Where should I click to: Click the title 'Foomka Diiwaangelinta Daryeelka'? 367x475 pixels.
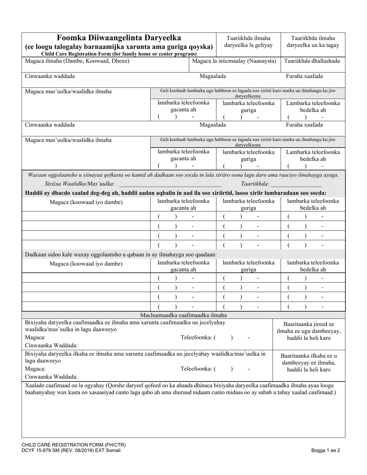pos(119,38)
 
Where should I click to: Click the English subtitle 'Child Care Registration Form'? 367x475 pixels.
pos(119,54)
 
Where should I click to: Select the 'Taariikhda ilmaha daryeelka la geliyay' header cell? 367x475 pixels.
pos(248,42)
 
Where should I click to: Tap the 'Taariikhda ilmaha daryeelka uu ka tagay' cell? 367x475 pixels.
pos(313,42)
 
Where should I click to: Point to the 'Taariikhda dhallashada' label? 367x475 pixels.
pos(312,61)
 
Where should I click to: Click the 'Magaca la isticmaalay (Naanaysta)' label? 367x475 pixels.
pos(234,61)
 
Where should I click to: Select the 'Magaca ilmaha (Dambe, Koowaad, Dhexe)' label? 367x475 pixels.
pos(77,61)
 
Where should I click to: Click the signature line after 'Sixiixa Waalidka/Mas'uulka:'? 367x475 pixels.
pos(170,184)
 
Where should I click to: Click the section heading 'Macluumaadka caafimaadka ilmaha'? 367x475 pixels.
pos(183,315)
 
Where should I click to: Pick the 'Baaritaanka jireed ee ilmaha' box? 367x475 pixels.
pos(309,331)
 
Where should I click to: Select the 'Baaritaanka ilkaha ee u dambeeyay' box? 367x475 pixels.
pos(309,363)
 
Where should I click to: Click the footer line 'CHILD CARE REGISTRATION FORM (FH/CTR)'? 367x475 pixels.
pos(73,445)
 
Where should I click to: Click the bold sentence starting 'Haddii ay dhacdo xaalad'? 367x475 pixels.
pos(175,193)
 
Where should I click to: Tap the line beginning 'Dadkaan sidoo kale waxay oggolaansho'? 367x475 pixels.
pos(121,254)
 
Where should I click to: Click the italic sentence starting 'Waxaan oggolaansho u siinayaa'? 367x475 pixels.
pos(183,175)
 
